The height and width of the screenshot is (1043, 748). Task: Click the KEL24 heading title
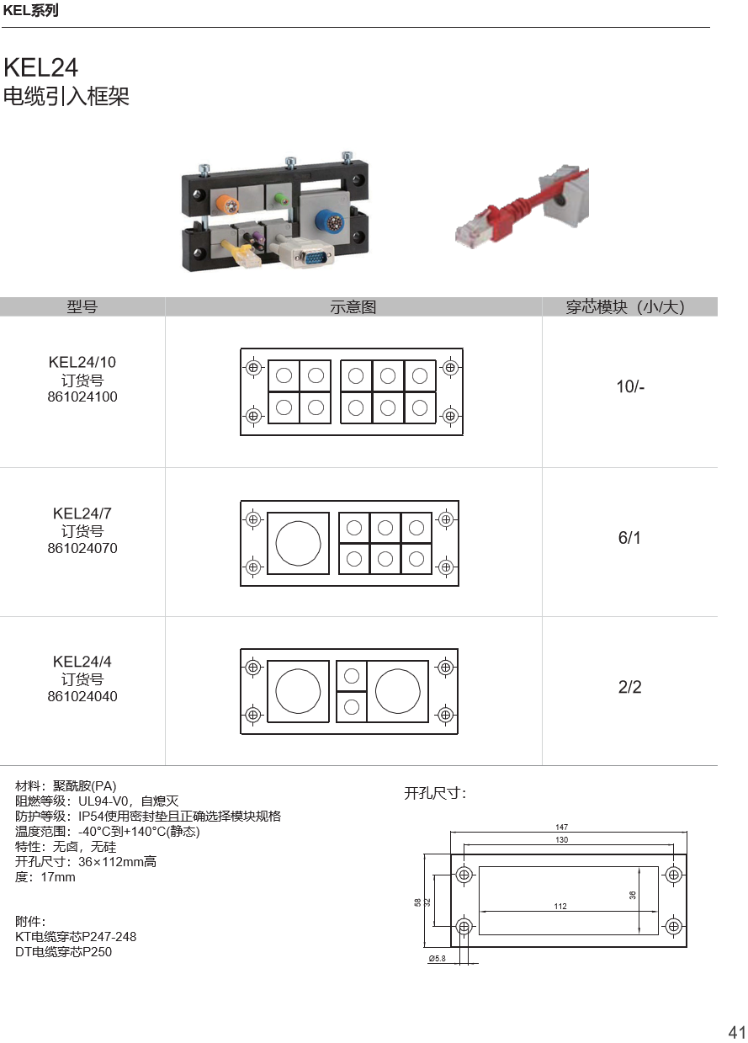click(x=40, y=67)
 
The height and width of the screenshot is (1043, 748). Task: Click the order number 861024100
click(x=82, y=396)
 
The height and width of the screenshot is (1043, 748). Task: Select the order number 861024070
click(x=82, y=548)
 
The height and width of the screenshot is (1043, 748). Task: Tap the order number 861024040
click(x=82, y=696)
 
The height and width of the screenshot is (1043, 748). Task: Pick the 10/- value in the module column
click(x=630, y=386)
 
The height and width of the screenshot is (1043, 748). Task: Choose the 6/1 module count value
click(x=629, y=538)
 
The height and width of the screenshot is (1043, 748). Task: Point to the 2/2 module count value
click(x=629, y=687)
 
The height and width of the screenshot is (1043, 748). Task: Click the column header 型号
click(x=82, y=307)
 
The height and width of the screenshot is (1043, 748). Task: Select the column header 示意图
click(x=353, y=307)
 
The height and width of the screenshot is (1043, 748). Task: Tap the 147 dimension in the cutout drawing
click(x=561, y=827)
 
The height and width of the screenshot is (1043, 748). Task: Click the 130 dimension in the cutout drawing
click(x=561, y=839)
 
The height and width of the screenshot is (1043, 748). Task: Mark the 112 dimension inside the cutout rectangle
click(x=560, y=906)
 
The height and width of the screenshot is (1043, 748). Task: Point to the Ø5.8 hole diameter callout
click(x=437, y=958)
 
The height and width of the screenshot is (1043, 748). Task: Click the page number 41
click(x=737, y=1032)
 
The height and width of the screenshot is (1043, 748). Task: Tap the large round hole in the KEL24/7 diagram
click(x=298, y=543)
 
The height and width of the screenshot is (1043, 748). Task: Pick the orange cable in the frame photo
click(x=228, y=203)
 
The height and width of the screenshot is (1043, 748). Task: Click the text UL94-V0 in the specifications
click(x=103, y=801)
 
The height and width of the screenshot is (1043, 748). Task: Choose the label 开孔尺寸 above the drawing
click(x=435, y=793)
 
